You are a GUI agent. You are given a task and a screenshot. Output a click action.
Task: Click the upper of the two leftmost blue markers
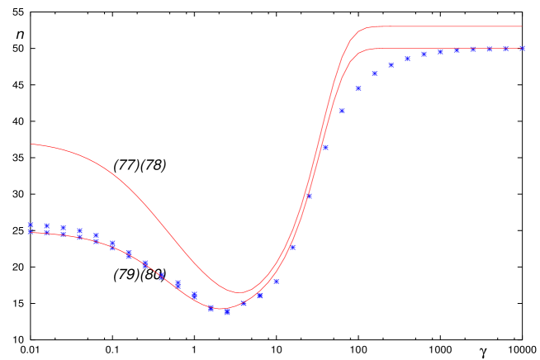point(31,225)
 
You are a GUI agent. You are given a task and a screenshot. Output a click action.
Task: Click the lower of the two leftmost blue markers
point(31,232)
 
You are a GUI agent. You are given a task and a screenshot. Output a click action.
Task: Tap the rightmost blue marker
point(522,49)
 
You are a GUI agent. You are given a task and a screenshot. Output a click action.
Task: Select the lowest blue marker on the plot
point(227,312)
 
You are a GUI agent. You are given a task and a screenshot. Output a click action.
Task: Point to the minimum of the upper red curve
point(239,292)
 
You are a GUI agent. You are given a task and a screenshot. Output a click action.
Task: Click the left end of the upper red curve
point(31,144)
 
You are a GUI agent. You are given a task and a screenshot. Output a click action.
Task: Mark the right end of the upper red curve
point(522,26)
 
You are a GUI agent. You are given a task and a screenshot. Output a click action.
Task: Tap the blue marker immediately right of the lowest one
point(244,304)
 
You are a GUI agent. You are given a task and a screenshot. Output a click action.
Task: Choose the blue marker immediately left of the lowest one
point(211,309)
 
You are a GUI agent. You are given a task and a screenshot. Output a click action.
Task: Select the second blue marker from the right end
point(505,49)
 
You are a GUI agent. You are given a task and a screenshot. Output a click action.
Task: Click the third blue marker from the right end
point(489,50)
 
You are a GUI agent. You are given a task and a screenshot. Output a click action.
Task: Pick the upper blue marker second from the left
point(47,225)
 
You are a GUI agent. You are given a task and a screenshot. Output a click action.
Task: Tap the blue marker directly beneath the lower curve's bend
point(374,73)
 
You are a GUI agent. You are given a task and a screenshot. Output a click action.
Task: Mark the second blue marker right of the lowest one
point(260,295)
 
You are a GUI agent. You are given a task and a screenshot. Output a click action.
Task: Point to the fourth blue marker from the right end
point(472,50)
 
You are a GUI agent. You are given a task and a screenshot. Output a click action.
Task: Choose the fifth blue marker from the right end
point(456,50)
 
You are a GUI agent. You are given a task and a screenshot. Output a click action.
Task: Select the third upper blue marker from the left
point(64,228)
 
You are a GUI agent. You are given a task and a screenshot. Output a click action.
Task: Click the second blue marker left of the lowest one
point(194,295)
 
